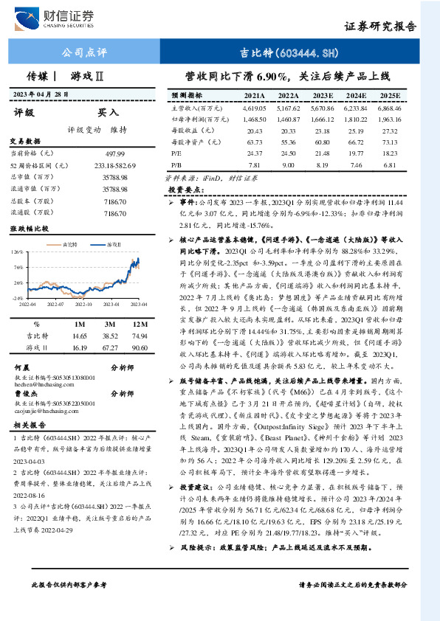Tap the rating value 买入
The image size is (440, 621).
(109, 113)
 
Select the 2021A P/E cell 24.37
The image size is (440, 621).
(253, 153)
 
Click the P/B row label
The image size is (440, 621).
(176, 164)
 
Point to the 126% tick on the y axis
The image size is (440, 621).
(18, 251)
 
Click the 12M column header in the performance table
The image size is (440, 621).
(140, 323)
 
